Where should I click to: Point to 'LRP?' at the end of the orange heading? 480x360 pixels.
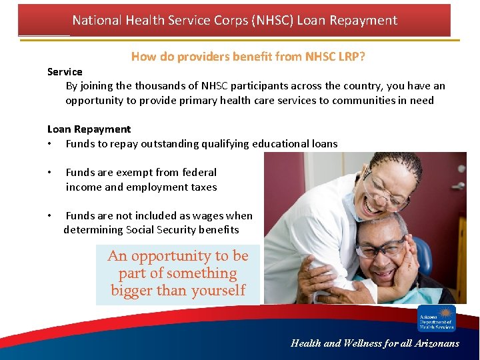pyautogui.click(x=351, y=57)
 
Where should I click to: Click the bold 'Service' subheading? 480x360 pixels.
pyautogui.click(x=65, y=71)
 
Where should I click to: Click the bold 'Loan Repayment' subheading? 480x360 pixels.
pyautogui.click(x=89, y=129)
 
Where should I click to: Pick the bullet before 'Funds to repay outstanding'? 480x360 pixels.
pyautogui.click(x=50, y=144)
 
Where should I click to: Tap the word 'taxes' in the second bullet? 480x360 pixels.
pyautogui.click(x=203, y=187)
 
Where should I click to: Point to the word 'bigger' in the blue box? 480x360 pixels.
pyautogui.click(x=131, y=291)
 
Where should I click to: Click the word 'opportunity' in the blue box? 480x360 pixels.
pyautogui.click(x=170, y=256)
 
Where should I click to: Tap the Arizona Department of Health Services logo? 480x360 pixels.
pyautogui.click(x=437, y=318)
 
